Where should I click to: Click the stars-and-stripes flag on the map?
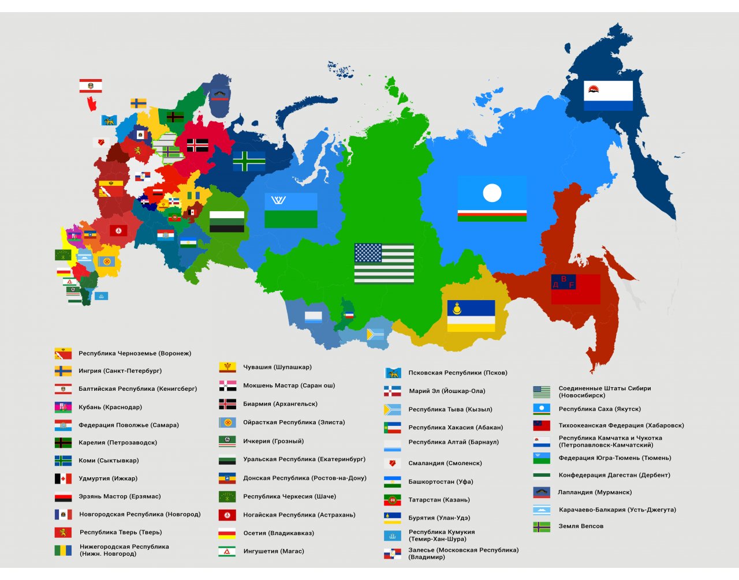pyautogui.click(x=384, y=264)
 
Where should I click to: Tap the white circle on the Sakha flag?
pyautogui.click(x=492, y=193)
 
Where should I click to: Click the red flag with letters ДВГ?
pyautogui.click(x=576, y=289)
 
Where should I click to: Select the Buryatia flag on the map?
pyautogui.click(x=471, y=316)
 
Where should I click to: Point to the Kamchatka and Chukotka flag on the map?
pyautogui.click(x=608, y=96)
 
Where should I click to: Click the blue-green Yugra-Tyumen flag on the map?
pyautogui.click(x=291, y=211)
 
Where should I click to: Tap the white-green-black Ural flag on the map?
pyautogui.click(x=226, y=222)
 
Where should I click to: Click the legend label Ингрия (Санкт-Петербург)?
pyautogui.click(x=120, y=371)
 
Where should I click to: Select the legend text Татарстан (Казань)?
pyautogui.click(x=439, y=500)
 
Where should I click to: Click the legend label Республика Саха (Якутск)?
pyautogui.click(x=599, y=409)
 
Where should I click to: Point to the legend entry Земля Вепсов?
pyautogui.click(x=581, y=526)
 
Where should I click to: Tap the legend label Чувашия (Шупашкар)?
pyautogui.click(x=277, y=368)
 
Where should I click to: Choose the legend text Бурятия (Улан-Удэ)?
pyautogui.click(x=439, y=518)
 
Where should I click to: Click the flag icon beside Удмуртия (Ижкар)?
pyautogui.click(x=63, y=478)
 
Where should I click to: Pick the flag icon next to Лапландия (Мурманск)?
pyautogui.click(x=542, y=493)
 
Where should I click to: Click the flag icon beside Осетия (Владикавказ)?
pyautogui.click(x=227, y=533)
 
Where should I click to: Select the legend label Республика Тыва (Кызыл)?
pyautogui.click(x=450, y=410)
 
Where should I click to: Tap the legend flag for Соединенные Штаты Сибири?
pyautogui.click(x=542, y=392)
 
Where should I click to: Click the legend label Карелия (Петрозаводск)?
pyautogui.click(x=118, y=443)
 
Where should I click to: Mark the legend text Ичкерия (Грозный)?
pyautogui.click(x=273, y=441)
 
